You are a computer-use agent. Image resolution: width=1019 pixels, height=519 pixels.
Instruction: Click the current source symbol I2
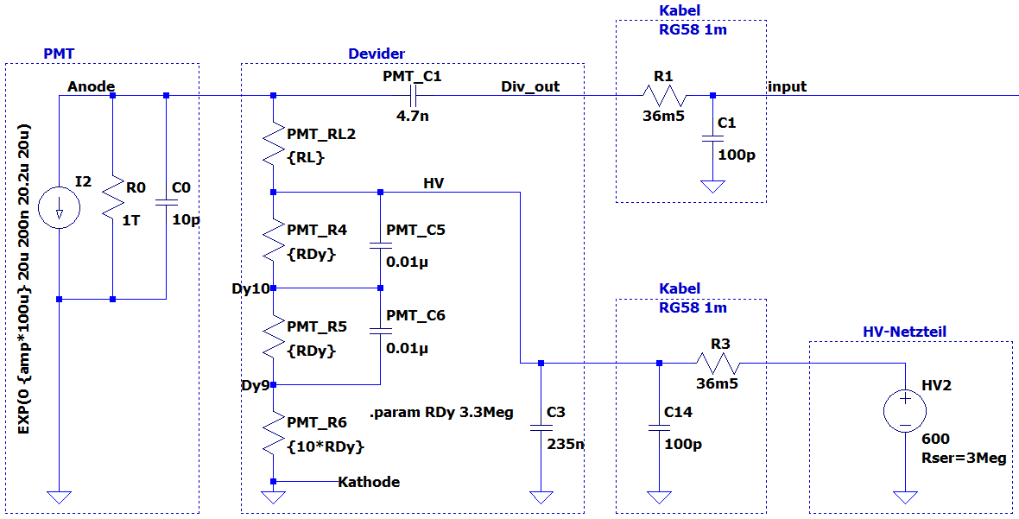coord(59,208)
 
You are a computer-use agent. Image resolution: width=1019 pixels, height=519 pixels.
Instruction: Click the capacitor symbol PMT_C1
coord(412,96)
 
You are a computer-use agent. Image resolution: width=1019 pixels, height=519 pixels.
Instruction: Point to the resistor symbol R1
coord(663,96)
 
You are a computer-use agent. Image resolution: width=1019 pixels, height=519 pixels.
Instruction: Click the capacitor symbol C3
coord(541,427)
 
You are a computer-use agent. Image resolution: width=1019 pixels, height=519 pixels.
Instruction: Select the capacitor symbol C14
coord(659,427)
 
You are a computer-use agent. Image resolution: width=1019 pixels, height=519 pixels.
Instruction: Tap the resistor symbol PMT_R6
coord(273,434)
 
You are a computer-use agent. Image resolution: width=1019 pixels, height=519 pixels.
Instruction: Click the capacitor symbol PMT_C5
coord(380,245)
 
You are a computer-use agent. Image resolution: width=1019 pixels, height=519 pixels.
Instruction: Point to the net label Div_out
coord(530,86)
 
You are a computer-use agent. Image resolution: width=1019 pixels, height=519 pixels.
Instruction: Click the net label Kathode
coord(369,482)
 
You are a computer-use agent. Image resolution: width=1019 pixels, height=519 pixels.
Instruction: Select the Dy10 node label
coord(250,288)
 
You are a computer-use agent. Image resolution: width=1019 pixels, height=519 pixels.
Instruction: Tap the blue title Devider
coord(377,54)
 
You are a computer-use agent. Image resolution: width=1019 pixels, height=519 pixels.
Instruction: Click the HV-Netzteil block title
coord(904,332)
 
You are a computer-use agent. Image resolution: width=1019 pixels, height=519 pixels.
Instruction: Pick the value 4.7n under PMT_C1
coord(413,117)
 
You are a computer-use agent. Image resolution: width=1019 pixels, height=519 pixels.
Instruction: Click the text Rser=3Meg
coord(963,459)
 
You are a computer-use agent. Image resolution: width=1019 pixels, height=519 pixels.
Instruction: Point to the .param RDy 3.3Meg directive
coord(442,413)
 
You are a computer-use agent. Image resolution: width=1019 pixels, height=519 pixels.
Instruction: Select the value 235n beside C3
coord(565,445)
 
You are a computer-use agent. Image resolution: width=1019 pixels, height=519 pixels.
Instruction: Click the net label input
coord(788,86)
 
